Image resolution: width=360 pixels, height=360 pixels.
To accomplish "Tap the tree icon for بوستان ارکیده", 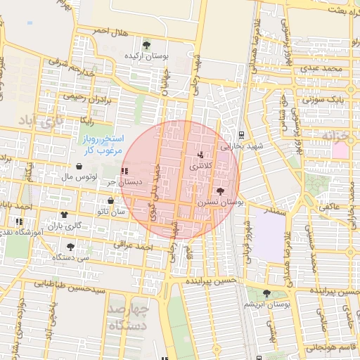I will tap(146, 44).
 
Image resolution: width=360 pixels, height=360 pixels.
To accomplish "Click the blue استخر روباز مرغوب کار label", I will tap(101, 143).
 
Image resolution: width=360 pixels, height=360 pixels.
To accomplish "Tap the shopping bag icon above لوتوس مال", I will tap(78, 167).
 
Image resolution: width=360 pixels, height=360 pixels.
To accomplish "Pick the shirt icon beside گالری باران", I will tap(64, 214).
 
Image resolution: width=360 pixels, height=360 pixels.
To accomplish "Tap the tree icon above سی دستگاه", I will tap(70, 247).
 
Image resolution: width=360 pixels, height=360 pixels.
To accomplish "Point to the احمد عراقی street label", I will tap(135, 247).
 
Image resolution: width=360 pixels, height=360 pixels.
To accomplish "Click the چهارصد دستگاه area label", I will tap(129, 316).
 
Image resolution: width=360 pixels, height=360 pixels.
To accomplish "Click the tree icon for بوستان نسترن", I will tap(220, 191).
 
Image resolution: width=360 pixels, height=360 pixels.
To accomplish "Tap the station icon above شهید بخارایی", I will tap(241, 134).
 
